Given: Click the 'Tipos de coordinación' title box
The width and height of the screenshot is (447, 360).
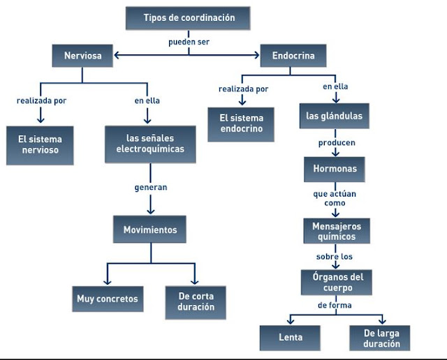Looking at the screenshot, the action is [188, 18].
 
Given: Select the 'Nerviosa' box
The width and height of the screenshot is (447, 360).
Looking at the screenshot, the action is [82, 56].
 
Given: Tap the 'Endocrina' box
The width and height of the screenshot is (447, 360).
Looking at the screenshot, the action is [293, 56].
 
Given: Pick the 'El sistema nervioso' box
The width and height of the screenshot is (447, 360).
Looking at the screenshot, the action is [40, 145].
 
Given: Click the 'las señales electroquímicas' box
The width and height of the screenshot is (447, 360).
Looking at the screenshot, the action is [150, 144].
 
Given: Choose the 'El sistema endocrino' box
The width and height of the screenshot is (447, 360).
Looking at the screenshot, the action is [241, 124].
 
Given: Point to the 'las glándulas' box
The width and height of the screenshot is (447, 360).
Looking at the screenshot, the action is [335, 116].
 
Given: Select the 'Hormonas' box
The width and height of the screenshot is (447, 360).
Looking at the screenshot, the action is [335, 169].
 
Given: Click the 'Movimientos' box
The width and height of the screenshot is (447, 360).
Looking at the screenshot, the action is [149, 230].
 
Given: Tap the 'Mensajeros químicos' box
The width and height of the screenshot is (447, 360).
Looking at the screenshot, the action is [337, 231].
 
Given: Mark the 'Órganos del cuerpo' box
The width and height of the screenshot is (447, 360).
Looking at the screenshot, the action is [337, 283].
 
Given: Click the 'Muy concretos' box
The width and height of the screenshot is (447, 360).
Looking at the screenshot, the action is [108, 299].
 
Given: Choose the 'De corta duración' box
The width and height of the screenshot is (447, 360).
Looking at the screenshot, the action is [196, 303].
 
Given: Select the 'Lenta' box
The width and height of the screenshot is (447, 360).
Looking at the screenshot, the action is [290, 338].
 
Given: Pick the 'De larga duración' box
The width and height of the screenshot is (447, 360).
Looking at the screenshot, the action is [380, 338].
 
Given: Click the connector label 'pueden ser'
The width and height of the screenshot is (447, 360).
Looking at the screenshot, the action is [189, 42].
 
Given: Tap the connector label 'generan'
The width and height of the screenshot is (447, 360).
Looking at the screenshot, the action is [151, 188].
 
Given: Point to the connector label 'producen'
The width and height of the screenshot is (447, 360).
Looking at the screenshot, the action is [337, 143].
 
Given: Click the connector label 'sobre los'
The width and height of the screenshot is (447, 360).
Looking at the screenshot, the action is [335, 257].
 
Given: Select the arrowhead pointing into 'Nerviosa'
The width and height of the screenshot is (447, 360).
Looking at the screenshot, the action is [117, 55].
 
